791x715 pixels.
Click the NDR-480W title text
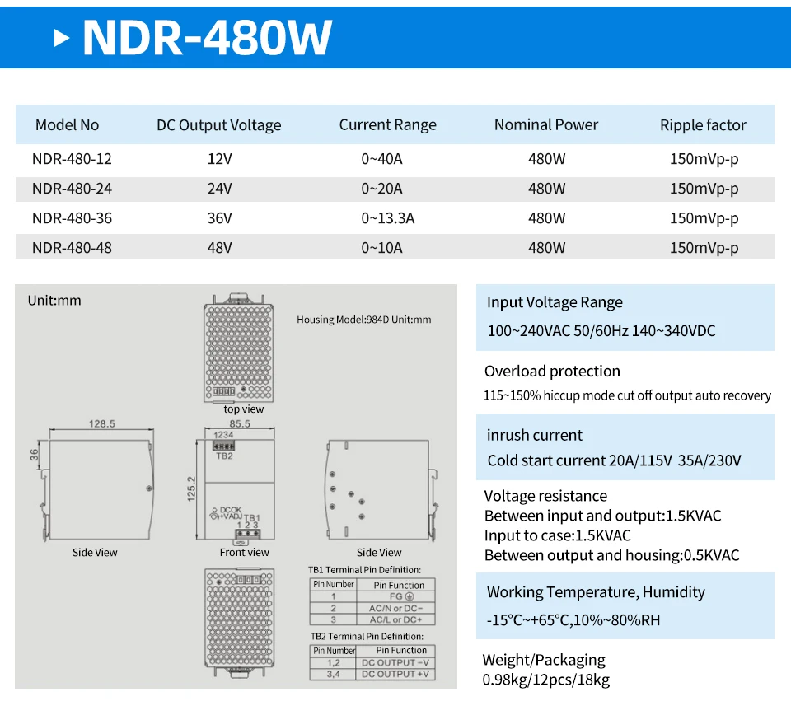click(207, 36)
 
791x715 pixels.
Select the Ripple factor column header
click(702, 125)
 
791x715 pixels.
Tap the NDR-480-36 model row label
click(72, 218)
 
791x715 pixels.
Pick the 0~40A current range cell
click(381, 159)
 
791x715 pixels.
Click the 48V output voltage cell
click(219, 248)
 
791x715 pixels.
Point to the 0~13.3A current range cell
click(387, 218)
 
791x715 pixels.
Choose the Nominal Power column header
click(545, 125)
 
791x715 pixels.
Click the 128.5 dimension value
click(101, 424)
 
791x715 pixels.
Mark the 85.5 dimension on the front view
click(239, 424)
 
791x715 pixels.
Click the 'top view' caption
click(244, 409)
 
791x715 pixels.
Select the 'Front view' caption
click(244, 553)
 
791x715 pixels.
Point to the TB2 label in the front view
click(223, 455)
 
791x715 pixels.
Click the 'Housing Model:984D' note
click(363, 320)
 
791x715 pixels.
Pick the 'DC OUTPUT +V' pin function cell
click(395, 675)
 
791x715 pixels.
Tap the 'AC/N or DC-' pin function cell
click(395, 608)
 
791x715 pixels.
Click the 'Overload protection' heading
click(552, 372)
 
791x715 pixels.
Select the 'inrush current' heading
click(534, 436)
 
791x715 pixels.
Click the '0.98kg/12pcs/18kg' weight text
click(545, 680)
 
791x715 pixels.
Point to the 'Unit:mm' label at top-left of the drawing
click(54, 301)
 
